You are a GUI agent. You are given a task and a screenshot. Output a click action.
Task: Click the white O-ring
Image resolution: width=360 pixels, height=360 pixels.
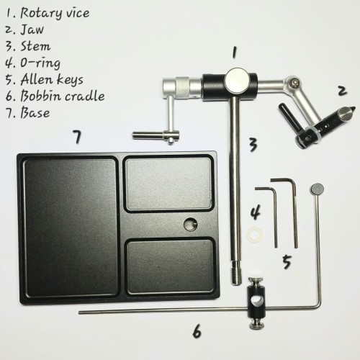coord(255,235)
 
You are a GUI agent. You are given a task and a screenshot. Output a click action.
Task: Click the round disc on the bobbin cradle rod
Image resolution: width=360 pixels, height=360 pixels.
coord(317,189)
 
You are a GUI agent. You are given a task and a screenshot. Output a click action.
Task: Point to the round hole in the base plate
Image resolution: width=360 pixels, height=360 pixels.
coord(191,225)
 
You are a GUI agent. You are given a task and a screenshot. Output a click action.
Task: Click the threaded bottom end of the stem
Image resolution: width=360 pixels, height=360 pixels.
coord(236,276)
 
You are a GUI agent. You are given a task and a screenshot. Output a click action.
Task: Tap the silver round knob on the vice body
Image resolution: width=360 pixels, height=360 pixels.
coord(236,80)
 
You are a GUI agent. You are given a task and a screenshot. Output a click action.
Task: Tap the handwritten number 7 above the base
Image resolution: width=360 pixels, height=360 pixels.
coord(77,137)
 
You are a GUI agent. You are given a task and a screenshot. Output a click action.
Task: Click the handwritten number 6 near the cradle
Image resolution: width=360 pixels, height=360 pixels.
coord(197,332)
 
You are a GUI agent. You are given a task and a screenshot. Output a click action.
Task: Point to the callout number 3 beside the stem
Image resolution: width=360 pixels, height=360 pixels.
coord(253,145)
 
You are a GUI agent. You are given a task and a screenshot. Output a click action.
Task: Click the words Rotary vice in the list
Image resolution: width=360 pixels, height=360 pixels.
coord(55,13)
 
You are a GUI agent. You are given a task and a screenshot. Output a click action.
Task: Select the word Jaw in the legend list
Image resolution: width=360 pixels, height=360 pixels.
coord(32,30)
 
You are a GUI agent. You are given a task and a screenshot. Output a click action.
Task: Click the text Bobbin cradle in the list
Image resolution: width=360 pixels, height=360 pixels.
coord(63,96)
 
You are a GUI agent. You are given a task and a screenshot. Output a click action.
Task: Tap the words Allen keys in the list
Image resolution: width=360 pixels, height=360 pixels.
coord(52,79)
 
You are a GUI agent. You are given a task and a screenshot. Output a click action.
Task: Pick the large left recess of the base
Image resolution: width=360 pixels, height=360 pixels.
coord(71,227)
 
